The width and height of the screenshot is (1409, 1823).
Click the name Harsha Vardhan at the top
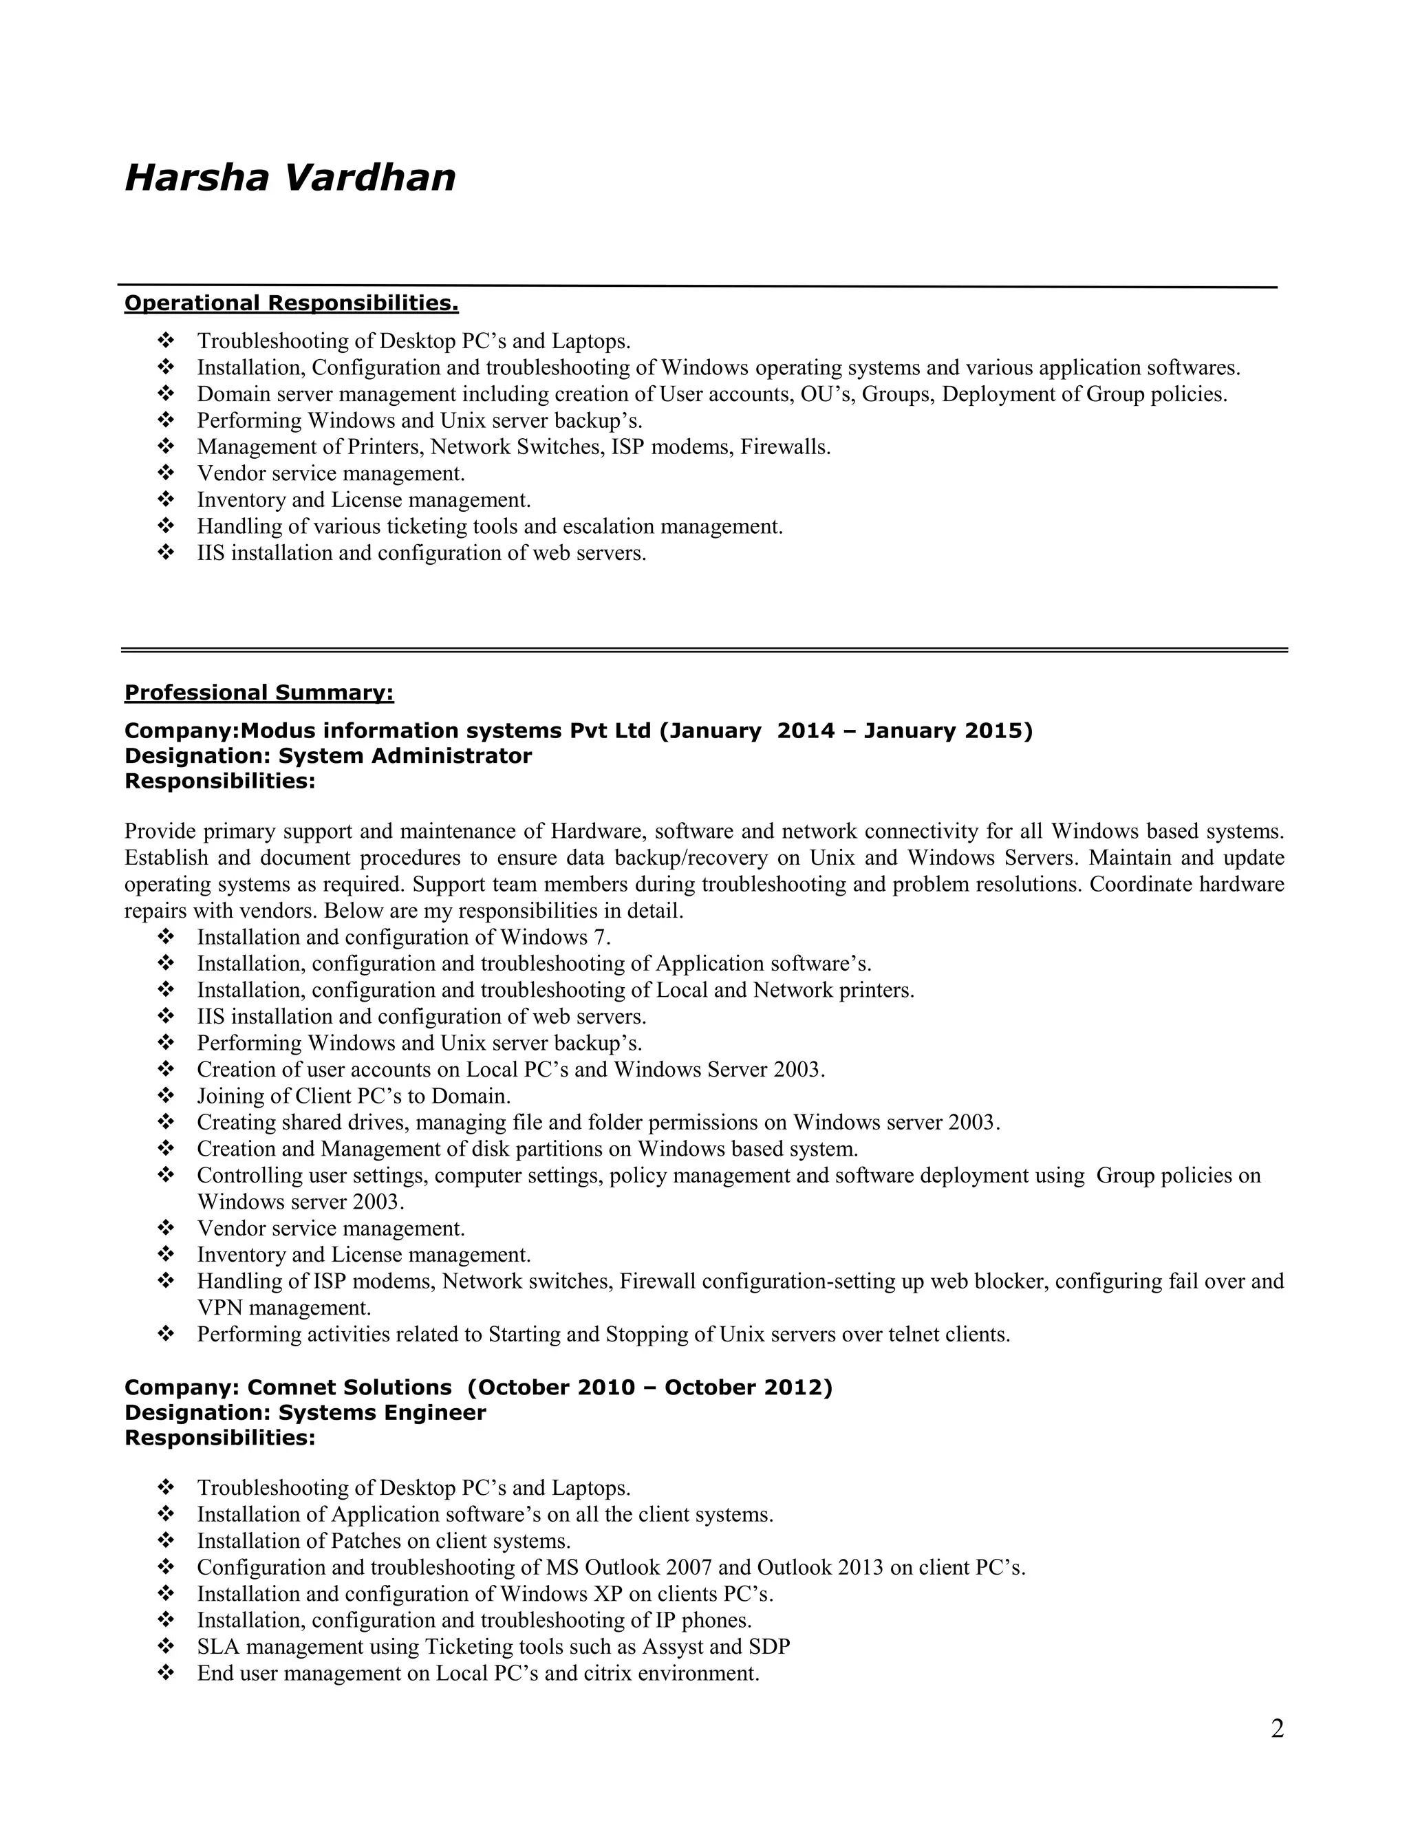coord(290,177)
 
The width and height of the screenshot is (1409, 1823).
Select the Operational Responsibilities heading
coord(291,302)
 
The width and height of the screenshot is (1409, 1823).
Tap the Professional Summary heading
coord(259,693)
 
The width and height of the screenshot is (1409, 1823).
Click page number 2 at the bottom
coord(1277,1729)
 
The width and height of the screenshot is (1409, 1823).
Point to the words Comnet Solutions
coord(349,1388)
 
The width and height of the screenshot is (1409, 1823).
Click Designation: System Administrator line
coord(327,756)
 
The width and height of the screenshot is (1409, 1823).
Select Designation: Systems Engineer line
coord(305,1412)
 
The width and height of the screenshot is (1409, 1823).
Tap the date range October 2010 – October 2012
coord(650,1388)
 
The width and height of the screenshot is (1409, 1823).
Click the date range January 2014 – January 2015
coord(846,731)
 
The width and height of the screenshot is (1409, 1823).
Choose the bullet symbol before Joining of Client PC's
coord(165,1096)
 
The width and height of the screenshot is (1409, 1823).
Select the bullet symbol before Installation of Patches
coord(165,1541)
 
